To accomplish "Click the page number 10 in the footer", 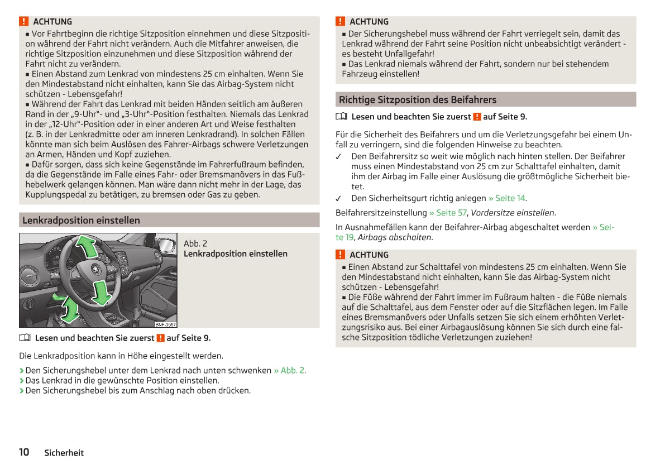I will pyautogui.click(x=24, y=452).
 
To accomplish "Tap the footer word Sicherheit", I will pyautogui.click(x=64, y=453).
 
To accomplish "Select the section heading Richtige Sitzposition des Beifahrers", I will pyautogui.click(x=417, y=100).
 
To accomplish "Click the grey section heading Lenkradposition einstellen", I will pyautogui.click(x=81, y=221).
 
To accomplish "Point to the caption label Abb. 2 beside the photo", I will pyautogui.click(x=195, y=243).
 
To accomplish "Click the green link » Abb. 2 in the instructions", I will pyautogui.click(x=289, y=370).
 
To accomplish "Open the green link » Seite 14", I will pyautogui.click(x=507, y=198).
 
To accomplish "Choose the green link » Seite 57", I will pyautogui.click(x=448, y=213).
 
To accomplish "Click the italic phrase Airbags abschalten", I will pyautogui.click(x=394, y=237).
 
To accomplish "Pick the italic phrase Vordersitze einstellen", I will pyautogui.click(x=513, y=213).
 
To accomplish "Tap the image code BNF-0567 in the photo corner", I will pyautogui.click(x=165, y=324).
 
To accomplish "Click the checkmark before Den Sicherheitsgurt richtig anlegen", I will pyautogui.click(x=339, y=198).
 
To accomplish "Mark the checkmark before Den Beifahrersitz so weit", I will pyautogui.click(x=339, y=157).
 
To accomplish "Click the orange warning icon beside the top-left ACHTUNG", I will pyautogui.click(x=23, y=22).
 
